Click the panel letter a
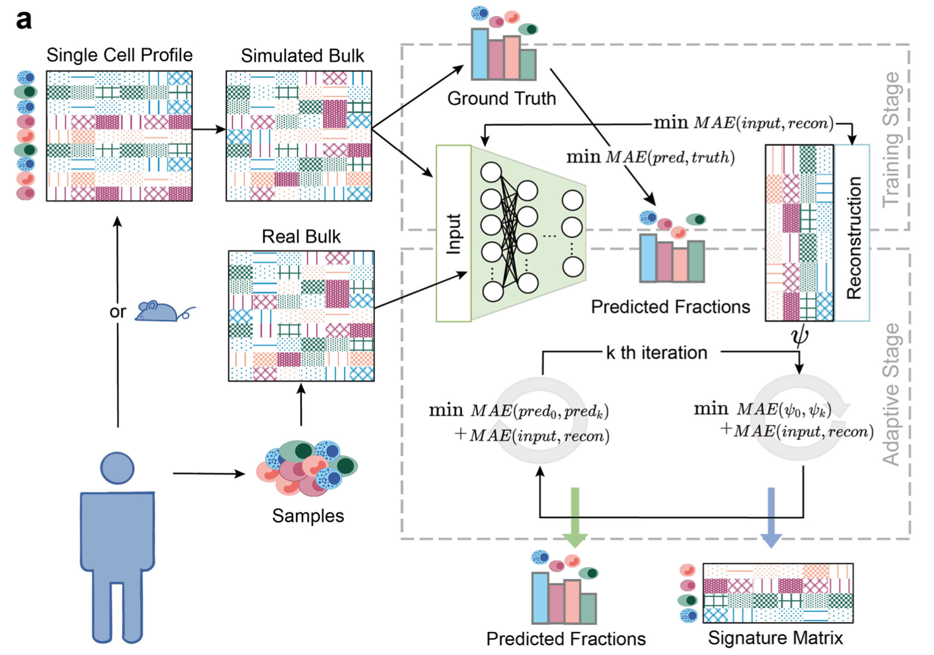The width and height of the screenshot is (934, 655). [x=24, y=20]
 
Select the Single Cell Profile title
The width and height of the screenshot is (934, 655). [x=119, y=55]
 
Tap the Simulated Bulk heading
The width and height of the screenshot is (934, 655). [x=302, y=56]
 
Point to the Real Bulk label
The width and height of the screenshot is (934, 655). [x=301, y=236]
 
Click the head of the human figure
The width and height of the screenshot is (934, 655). [x=117, y=468]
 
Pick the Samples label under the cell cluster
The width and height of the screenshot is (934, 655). [x=308, y=515]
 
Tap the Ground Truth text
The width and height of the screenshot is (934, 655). [x=501, y=99]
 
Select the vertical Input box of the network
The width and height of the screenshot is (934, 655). [x=454, y=233]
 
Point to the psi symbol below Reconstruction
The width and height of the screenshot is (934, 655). [x=799, y=335]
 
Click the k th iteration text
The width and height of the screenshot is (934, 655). [x=656, y=353]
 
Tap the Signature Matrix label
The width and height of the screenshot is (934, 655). [x=775, y=638]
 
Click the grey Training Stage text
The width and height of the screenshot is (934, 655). [x=893, y=139]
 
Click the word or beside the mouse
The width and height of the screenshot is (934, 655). [x=118, y=312]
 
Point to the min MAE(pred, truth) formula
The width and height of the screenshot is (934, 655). [x=650, y=157]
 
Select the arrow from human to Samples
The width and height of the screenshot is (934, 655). [x=208, y=473]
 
